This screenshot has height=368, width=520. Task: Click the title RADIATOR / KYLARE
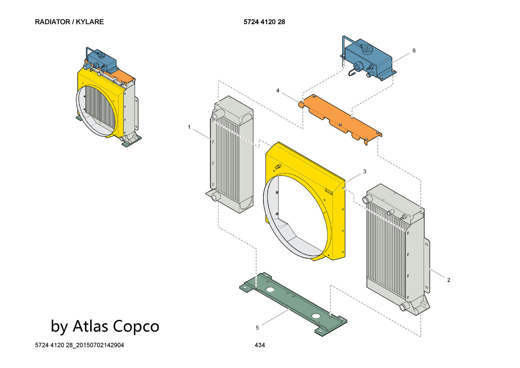pos(69,22)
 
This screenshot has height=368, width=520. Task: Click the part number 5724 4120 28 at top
pos(264,22)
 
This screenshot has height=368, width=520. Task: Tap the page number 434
pos(260,345)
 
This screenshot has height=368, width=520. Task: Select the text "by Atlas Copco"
pos(105,326)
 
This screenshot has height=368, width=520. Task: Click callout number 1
pos(189,127)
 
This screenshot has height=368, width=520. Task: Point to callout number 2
pos(448,280)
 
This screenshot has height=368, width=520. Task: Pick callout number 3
pos(365,172)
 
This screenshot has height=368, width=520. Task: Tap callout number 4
pos(278,91)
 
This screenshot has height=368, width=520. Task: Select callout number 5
pos(257,328)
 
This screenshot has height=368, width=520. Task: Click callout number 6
pos(414,50)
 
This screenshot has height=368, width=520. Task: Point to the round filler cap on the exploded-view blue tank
pos(367,48)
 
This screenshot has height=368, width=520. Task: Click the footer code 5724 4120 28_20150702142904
pos(79,345)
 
